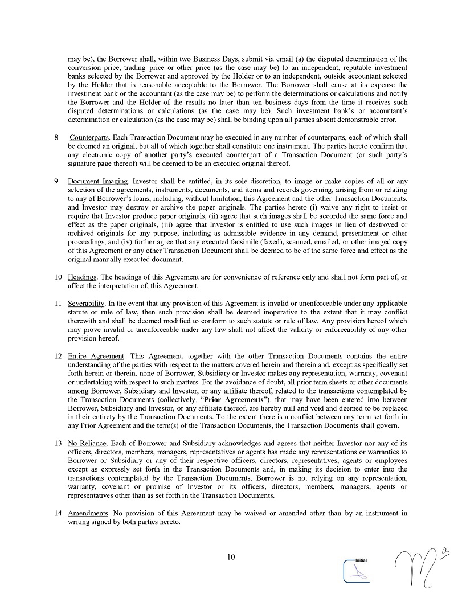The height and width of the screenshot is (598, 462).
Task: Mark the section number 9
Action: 57,182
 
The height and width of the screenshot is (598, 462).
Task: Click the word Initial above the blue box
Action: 361,560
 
